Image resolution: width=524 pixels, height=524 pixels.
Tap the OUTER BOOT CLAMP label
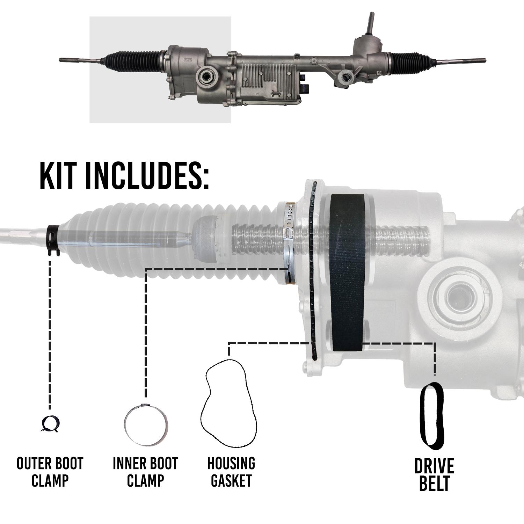(x=50, y=472)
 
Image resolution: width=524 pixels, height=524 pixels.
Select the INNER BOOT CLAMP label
(x=145, y=472)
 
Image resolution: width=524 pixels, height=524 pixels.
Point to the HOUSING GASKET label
(x=231, y=472)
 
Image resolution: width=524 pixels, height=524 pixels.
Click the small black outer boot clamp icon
(x=50, y=424)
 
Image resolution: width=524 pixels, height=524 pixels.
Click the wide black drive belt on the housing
(x=348, y=272)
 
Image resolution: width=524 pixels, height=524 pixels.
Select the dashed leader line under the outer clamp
(x=50, y=332)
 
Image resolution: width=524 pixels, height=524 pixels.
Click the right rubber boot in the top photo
(x=406, y=59)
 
